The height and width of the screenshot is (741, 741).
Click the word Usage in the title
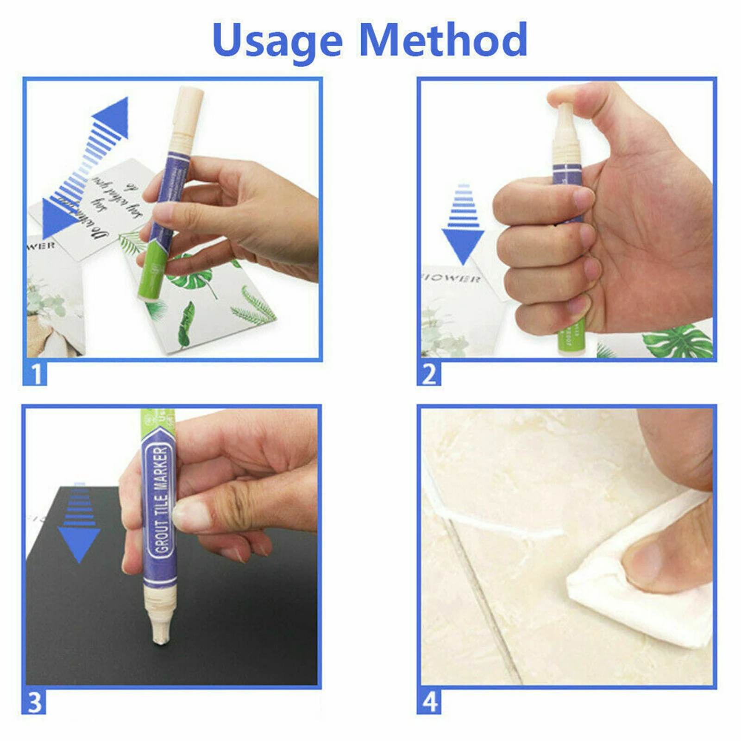tap(277, 41)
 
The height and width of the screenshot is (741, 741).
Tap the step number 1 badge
tap(35, 374)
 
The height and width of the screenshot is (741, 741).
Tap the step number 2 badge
tap(429, 374)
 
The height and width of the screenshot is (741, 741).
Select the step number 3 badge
tap(34, 702)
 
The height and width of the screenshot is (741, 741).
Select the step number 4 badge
tap(429, 702)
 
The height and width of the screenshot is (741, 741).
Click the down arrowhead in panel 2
tap(463, 245)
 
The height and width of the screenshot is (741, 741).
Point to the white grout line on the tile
tap(500, 526)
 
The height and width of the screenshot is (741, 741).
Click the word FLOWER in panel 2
tap(452, 278)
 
